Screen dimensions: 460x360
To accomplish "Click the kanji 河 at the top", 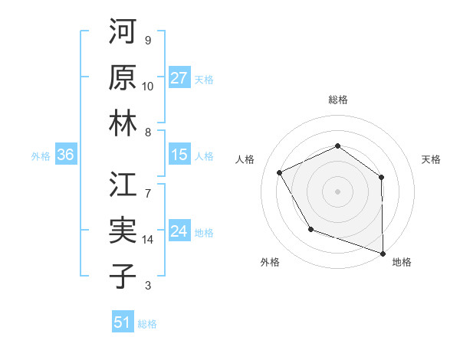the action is point(123,33).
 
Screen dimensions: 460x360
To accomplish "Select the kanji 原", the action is point(123,78).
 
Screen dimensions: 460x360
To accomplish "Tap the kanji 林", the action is point(123,123).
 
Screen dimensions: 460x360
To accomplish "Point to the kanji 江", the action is point(123,186).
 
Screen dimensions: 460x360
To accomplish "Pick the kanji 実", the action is point(123,231).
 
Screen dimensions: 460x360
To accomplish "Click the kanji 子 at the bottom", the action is point(123,277).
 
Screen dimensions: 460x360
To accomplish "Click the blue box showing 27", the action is point(179,78).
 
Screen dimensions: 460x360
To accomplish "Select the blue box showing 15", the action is point(179,155).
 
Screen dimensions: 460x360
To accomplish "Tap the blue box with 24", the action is point(179,231).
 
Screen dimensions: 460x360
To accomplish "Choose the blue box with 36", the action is point(65,155).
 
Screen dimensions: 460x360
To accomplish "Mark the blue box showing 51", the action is point(123,322).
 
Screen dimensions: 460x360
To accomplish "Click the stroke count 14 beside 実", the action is point(148,240).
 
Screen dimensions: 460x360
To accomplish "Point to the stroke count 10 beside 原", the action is point(148,87).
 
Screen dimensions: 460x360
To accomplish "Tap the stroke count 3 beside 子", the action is point(147,286).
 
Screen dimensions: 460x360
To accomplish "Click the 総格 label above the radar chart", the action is point(337,100).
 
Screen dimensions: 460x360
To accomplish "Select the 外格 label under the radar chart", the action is point(270,262).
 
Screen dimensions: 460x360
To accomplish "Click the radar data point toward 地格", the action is point(382,252).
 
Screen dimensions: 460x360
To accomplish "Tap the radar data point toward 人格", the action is point(280,173).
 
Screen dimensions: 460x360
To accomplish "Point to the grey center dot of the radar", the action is point(337,191).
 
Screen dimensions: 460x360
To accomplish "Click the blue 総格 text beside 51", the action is point(147,324).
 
